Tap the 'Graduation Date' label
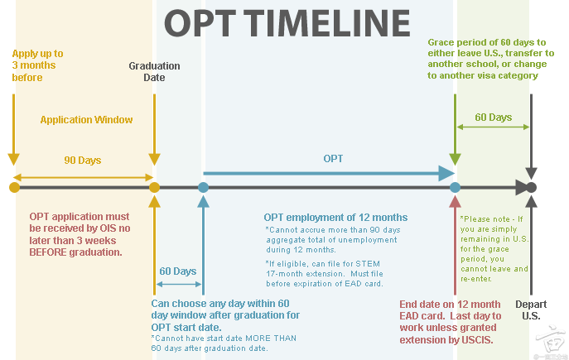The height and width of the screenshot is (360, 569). pos(154,71)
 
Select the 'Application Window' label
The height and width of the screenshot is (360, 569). pos(86,120)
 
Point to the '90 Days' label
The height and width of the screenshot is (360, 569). pos(83,161)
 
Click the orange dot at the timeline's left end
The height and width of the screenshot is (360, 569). pos(14,187)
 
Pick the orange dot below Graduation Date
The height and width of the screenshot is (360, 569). pos(154,187)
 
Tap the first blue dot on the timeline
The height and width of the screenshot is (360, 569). pos(203,187)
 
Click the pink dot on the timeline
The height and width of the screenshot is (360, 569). pos(455,187)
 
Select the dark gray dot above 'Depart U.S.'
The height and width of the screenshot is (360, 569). pos(531,187)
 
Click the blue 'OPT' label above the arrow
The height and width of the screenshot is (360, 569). pos(333,158)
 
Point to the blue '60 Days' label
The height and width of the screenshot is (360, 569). pos(178,271)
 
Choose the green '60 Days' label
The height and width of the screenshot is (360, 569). pos(493,118)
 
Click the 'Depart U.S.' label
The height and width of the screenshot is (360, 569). pos(531,310)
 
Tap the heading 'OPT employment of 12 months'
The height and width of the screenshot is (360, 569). pos(335,218)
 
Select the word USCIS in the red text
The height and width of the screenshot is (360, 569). pos(476,340)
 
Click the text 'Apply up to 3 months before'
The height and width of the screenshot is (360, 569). pos(37,65)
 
